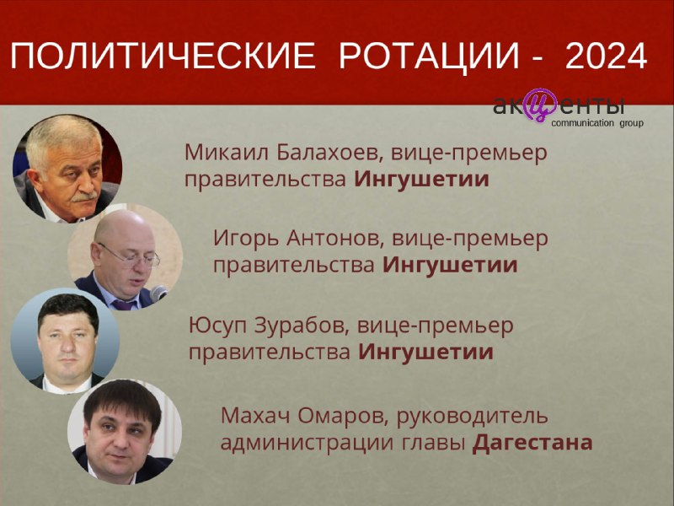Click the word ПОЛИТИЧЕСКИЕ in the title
[163, 56]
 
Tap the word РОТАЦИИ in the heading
[430, 56]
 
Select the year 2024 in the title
[607, 56]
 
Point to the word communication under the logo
[582, 123]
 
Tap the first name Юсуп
[218, 326]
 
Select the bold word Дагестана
[532, 443]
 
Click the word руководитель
[473, 417]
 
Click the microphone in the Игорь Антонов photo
[158, 293]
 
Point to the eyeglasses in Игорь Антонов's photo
[130, 256]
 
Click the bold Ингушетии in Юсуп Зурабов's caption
[426, 353]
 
